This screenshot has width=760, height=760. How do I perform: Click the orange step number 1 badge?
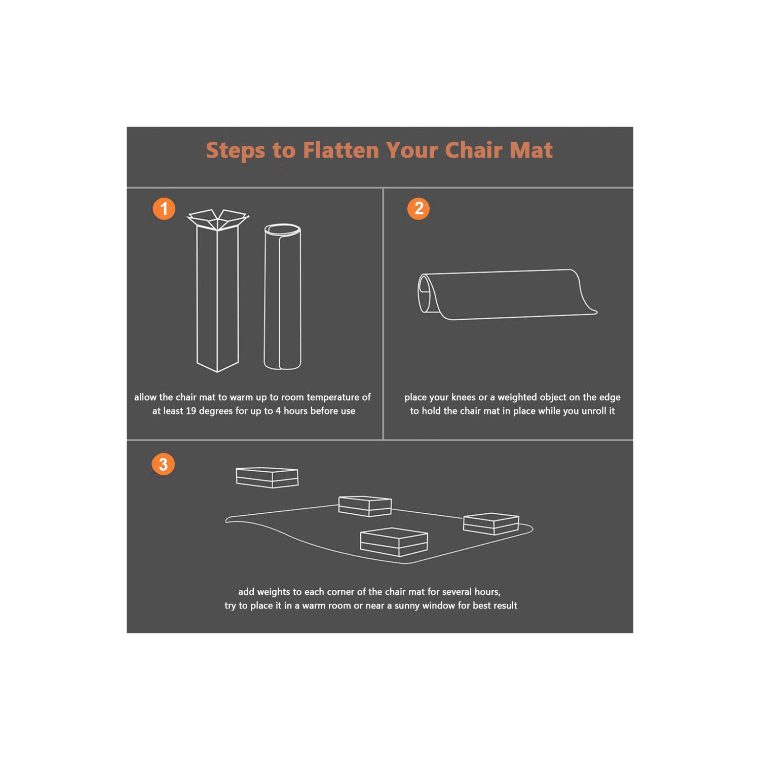click(x=164, y=209)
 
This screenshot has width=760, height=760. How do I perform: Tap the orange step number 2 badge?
click(x=419, y=208)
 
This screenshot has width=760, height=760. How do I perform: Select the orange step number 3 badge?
click(x=163, y=464)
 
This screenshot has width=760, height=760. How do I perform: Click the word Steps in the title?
click(x=235, y=151)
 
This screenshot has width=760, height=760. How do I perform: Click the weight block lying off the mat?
click(x=267, y=477)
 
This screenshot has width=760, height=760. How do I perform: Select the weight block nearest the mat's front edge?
click(x=394, y=542)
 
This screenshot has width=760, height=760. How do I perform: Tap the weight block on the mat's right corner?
click(x=491, y=523)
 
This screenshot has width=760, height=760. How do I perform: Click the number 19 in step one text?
click(x=191, y=411)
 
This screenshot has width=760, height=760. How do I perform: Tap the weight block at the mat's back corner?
click(x=365, y=506)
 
